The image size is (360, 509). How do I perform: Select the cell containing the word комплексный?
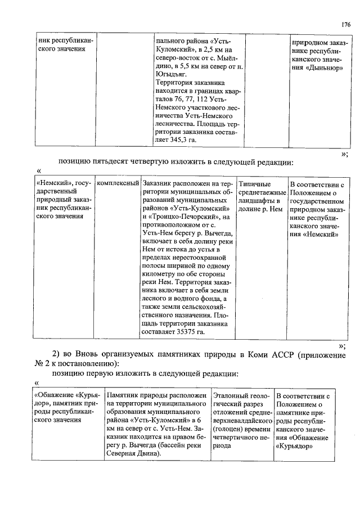(118, 184)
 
